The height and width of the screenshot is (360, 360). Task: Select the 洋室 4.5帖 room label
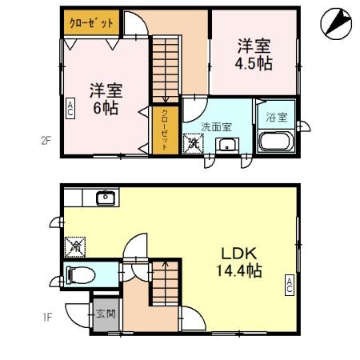(253, 54)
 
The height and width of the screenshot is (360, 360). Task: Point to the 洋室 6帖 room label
(103, 97)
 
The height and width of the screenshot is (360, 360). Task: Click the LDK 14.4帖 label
(236, 262)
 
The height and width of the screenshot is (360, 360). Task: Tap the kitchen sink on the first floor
(106, 198)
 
